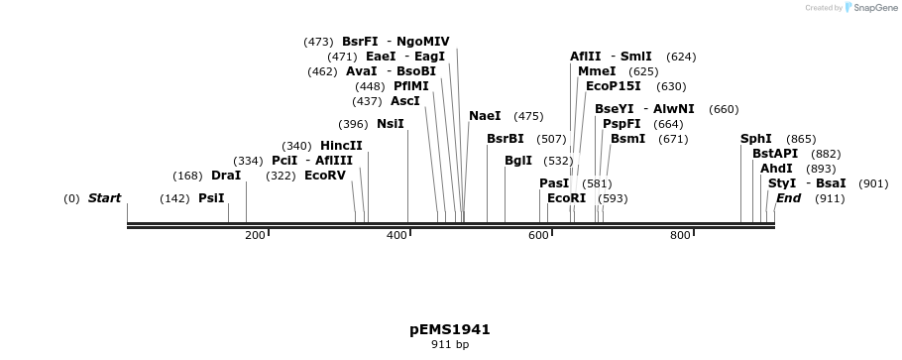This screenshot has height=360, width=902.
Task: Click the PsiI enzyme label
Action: pos(211,198)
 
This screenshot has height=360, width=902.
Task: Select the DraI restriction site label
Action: pos(226,176)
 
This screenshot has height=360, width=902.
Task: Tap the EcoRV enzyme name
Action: pos(325,176)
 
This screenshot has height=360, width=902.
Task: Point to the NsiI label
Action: pos(391,124)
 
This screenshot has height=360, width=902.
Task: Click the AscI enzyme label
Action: pos(405,101)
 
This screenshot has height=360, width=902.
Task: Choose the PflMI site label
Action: pos(411,86)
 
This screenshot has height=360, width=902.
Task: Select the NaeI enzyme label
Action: pos(485,116)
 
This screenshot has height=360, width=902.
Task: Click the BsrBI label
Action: pos(506,139)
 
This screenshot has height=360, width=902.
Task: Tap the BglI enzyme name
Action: pos(518,161)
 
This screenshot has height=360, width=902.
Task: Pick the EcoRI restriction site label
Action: pos(566,198)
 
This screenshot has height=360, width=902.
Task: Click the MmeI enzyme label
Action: pos(597,71)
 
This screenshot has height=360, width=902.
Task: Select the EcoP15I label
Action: pos(614,86)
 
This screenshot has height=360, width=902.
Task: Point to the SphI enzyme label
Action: pos(756,139)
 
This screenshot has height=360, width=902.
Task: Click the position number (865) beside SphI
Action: pos(801,139)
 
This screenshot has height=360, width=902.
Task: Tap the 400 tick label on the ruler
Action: pos(396,235)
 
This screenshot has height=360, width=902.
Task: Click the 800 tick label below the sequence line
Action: pos(680,235)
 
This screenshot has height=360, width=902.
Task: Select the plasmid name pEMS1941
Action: pos(450,329)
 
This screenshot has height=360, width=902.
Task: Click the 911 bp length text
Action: pos(450,345)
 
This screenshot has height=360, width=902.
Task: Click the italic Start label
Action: pos(104,198)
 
